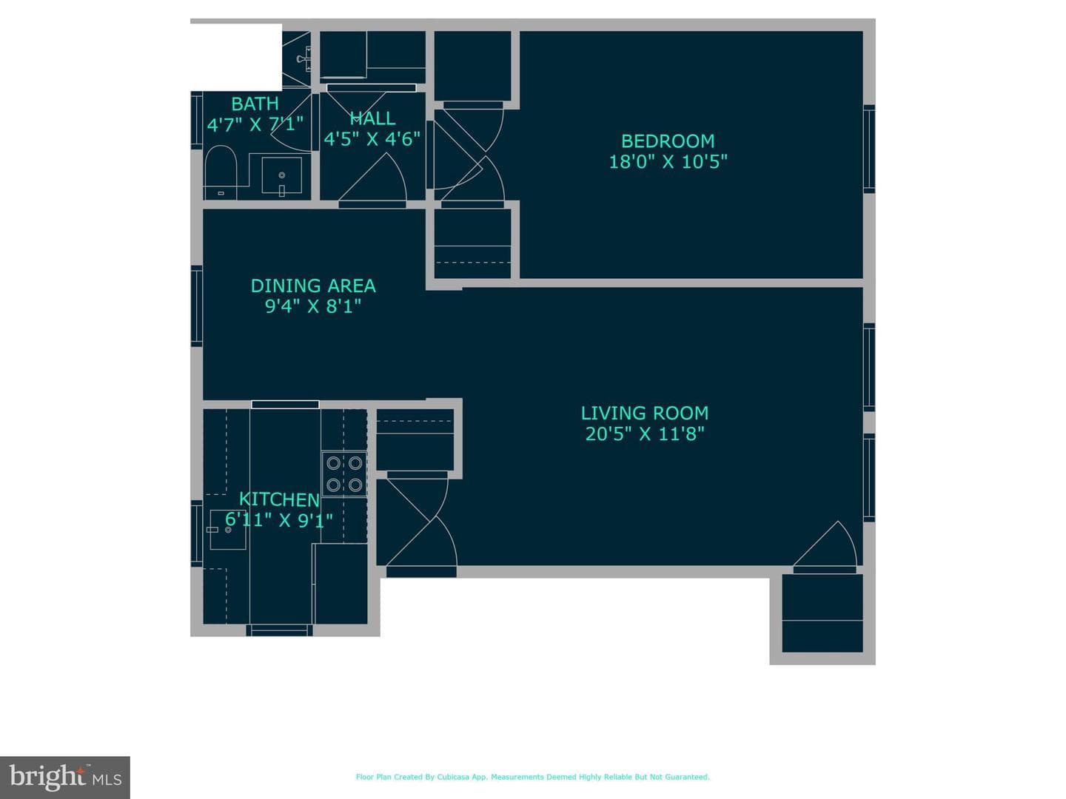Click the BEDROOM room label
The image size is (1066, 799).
[x=668, y=141]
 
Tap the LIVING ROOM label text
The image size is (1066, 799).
[x=645, y=414]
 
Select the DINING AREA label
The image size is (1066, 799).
[x=313, y=286]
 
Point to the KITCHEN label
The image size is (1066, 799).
[x=279, y=499]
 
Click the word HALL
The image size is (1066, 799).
[x=372, y=118]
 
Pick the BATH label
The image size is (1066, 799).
[x=255, y=104]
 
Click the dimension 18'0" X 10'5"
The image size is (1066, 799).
[x=668, y=161]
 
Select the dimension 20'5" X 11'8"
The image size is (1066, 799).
[x=645, y=434]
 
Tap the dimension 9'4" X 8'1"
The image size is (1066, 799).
[x=313, y=306]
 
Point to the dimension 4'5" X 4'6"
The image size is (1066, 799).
[x=372, y=139]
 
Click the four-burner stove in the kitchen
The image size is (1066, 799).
[x=344, y=474]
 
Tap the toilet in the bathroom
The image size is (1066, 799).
[x=221, y=172]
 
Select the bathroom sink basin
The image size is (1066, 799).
[x=282, y=175]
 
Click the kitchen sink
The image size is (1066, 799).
[x=227, y=529]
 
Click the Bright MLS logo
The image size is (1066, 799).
[x=65, y=777]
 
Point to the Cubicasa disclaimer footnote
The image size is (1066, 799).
[x=533, y=777]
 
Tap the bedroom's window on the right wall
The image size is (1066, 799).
[x=869, y=149]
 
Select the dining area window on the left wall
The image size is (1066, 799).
[x=197, y=306]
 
